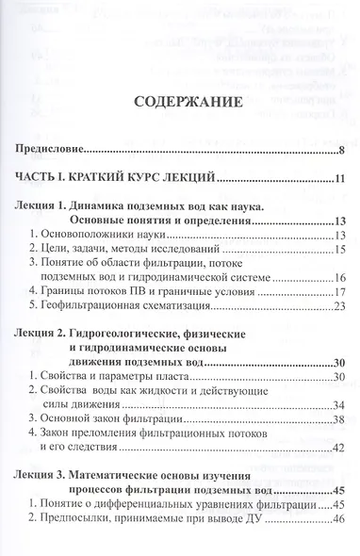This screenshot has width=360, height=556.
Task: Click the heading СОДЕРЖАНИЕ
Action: pos(180,101)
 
